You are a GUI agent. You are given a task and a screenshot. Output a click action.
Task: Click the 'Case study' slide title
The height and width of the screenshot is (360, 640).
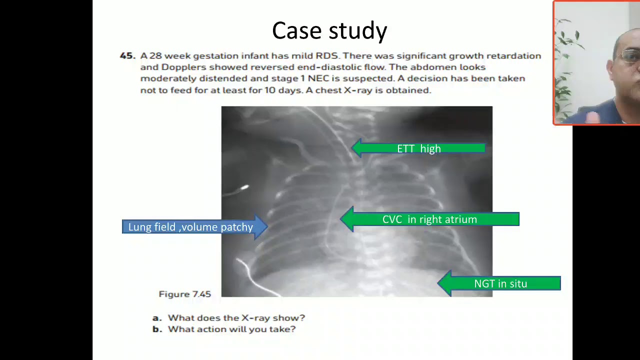click(329, 31)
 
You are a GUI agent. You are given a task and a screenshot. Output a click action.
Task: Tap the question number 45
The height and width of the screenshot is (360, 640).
click(127, 56)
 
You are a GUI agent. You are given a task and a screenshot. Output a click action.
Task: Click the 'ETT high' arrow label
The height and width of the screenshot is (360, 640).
click(419, 148)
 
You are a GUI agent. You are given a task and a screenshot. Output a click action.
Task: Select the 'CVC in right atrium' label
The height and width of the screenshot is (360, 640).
click(429, 219)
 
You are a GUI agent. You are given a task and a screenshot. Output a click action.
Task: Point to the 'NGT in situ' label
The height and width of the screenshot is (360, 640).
click(500, 284)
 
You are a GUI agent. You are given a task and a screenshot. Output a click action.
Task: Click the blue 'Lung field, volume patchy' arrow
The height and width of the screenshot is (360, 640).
click(190, 227)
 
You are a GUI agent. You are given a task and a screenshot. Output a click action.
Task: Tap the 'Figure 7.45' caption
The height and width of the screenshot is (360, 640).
click(184, 294)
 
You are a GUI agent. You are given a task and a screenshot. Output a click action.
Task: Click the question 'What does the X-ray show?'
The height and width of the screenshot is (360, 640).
click(236, 317)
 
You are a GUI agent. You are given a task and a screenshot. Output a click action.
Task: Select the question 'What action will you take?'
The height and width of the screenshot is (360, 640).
click(231, 329)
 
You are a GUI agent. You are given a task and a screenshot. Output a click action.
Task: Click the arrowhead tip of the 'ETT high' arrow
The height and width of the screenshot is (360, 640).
click(353, 148)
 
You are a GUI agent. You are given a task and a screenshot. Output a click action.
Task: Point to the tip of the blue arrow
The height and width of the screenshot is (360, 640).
click(266, 227)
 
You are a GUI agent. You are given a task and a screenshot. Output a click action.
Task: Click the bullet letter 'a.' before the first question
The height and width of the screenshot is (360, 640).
click(157, 317)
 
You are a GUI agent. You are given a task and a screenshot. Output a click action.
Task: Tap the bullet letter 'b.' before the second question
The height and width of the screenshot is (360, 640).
click(157, 329)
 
